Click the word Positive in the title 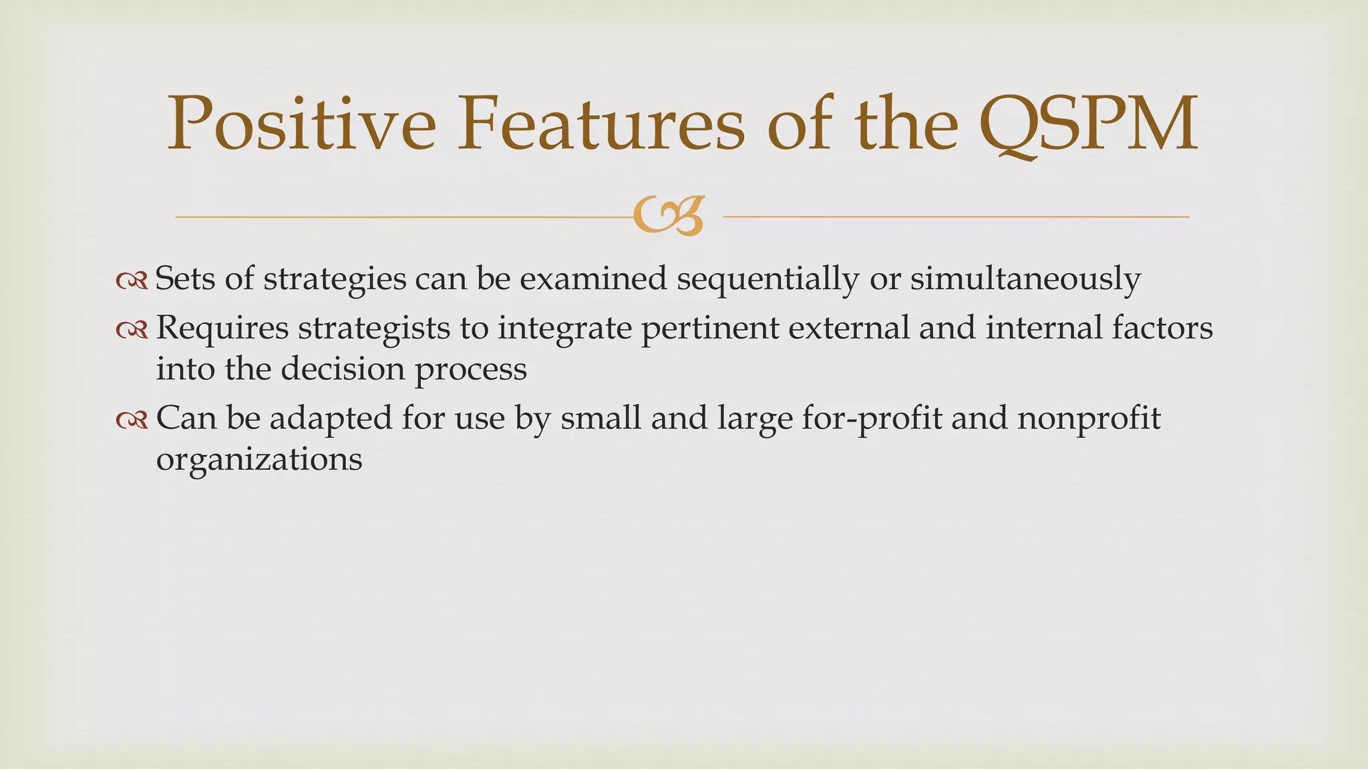click(x=301, y=124)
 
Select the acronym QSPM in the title click(x=1089, y=124)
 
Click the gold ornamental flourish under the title click(x=669, y=216)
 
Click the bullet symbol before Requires click(x=131, y=330)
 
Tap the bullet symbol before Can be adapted click(x=131, y=420)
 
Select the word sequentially click(x=767, y=278)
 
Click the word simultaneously click(x=1025, y=278)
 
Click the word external click(x=848, y=328)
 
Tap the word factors click(x=1162, y=328)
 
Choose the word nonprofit click(x=1089, y=419)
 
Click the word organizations click(x=259, y=459)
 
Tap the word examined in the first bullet click(x=593, y=278)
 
